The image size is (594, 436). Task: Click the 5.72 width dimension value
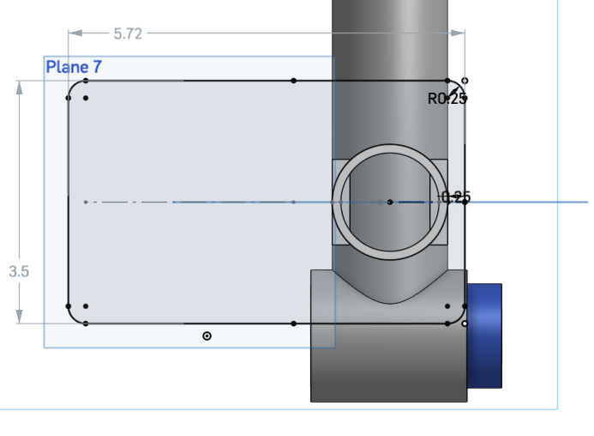pos(128,33)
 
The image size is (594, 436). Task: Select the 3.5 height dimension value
pos(19,271)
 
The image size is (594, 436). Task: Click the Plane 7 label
pos(75,67)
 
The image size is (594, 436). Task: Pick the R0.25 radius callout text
pos(447,98)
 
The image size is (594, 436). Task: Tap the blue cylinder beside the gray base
pos(484,335)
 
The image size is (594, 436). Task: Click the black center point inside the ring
pos(390,203)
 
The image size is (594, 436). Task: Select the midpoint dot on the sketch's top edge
pos(293,81)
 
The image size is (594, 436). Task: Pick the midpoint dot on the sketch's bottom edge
pos(293,324)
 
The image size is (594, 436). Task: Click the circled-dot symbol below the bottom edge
pos(207,336)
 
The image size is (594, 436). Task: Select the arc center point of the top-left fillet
pos(86,98)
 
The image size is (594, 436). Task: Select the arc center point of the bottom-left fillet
pos(86,306)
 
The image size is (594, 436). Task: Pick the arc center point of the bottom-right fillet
pos(447,306)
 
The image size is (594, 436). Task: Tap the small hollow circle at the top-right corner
pos(465,80)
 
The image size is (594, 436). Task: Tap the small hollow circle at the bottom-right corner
pos(465,324)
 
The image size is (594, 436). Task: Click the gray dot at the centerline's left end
pos(86,203)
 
